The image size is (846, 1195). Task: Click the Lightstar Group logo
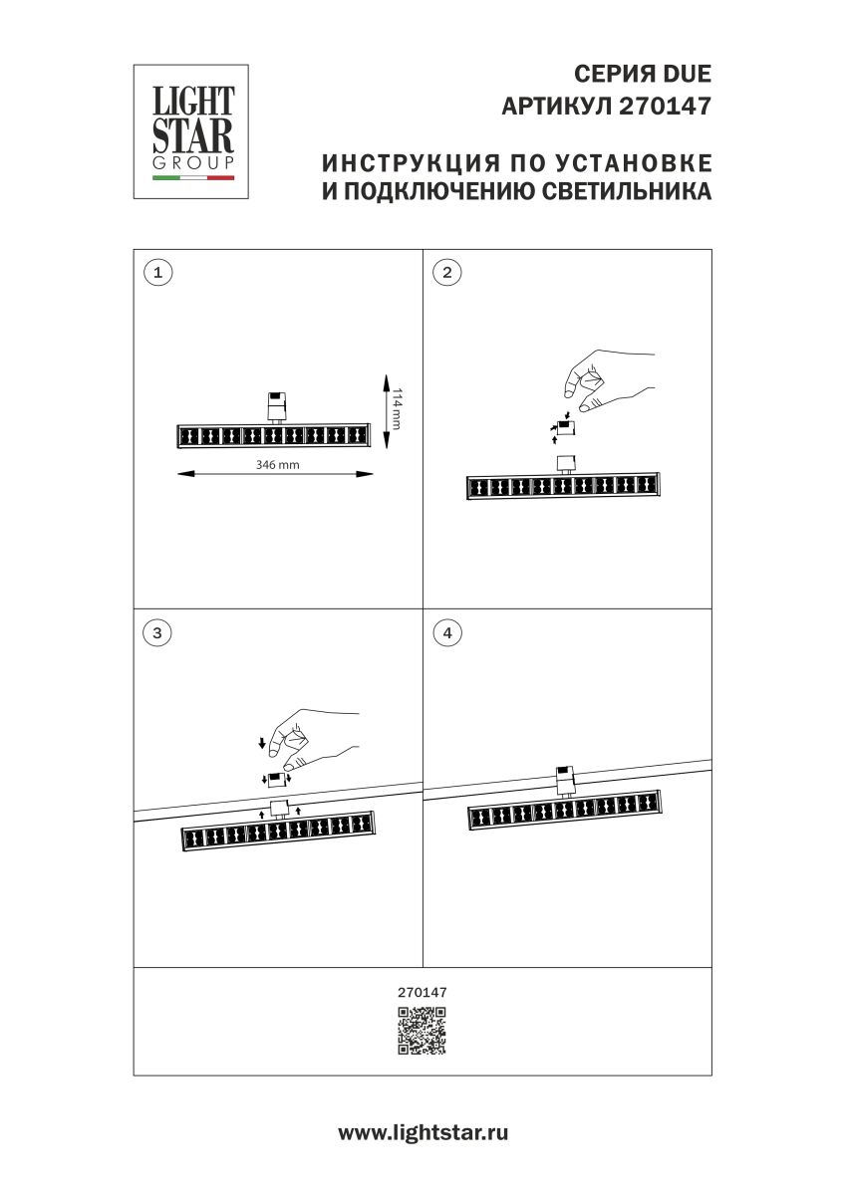pyautogui.click(x=191, y=131)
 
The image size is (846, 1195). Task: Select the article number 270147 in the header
pyautogui.click(x=666, y=107)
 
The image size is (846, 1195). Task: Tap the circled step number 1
pyautogui.click(x=155, y=272)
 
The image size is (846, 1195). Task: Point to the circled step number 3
pyautogui.click(x=155, y=631)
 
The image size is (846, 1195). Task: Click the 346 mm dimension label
pyautogui.click(x=277, y=464)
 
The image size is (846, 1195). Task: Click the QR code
pyautogui.click(x=423, y=1031)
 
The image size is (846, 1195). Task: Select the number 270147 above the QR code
pyautogui.click(x=423, y=992)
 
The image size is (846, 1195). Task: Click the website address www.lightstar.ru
pyautogui.click(x=423, y=1132)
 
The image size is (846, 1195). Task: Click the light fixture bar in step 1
pyautogui.click(x=273, y=436)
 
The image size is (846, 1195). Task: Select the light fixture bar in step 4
pyautogui.click(x=565, y=813)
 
